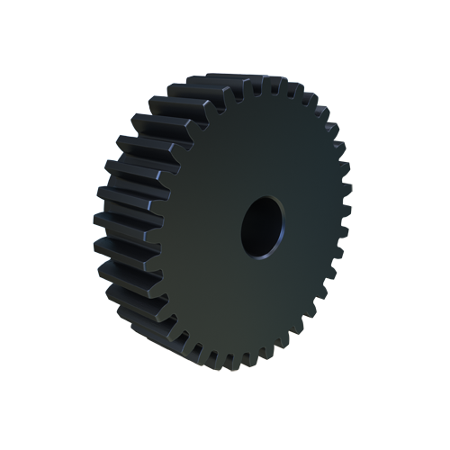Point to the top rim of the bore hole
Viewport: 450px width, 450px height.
262,196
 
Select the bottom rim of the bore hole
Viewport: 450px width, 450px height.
260,256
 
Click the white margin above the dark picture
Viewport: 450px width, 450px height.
225,36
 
